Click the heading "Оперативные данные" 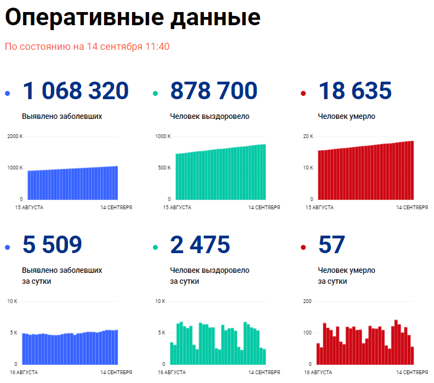[132, 18]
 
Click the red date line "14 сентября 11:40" [128, 47]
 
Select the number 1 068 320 [76, 91]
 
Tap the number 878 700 [214, 91]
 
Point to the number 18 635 [355, 91]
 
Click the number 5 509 [52, 244]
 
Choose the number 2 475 [200, 244]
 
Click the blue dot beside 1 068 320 [7, 94]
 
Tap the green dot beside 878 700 [155, 94]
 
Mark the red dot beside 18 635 [303, 94]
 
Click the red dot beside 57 [303, 248]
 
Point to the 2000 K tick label [14, 136]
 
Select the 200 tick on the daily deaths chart [307, 301]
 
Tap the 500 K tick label [165, 168]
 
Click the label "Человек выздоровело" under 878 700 [210, 116]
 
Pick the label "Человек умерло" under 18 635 [346, 116]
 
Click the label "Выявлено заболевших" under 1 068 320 [62, 116]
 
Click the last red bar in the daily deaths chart [412, 356]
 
